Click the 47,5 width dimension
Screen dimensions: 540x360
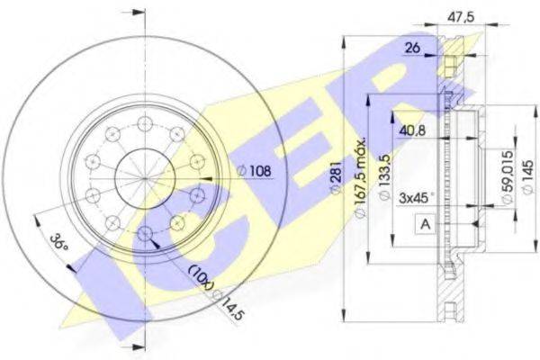point(461,15)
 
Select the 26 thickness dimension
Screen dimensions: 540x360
point(412,48)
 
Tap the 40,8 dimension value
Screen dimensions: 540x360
point(412,130)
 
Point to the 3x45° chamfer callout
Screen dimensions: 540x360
point(416,198)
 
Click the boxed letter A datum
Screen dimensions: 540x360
point(426,224)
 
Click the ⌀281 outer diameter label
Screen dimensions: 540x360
point(336,178)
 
